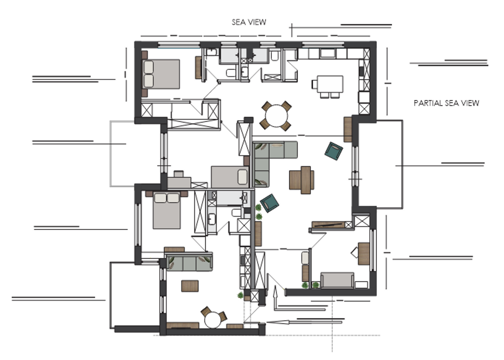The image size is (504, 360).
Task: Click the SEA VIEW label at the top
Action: (x=249, y=22)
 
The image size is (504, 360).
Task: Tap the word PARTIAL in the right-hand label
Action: (x=428, y=103)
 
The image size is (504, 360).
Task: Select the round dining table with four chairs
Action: (x=276, y=116)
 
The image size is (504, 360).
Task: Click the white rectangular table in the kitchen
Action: (x=330, y=84)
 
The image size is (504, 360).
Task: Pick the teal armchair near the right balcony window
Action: (x=334, y=151)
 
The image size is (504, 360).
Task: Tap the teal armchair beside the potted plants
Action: (x=269, y=203)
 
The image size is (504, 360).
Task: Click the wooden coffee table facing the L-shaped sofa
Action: (x=301, y=180)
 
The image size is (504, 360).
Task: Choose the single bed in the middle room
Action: (x=230, y=177)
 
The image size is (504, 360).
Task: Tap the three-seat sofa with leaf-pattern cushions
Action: (x=189, y=263)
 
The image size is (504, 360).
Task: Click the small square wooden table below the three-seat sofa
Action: (x=190, y=286)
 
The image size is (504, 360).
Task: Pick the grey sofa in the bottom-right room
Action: (x=337, y=280)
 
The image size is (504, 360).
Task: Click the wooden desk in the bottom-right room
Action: (x=364, y=253)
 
